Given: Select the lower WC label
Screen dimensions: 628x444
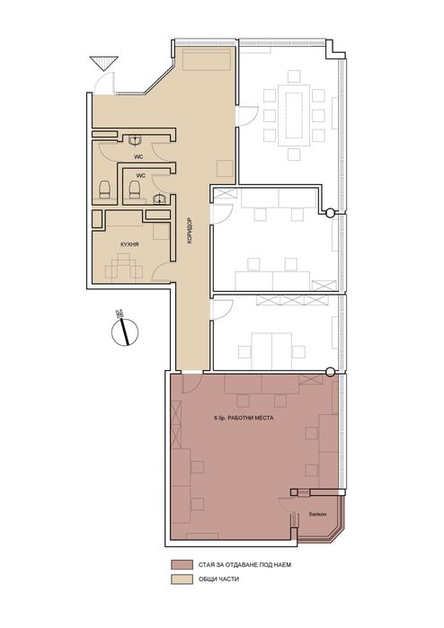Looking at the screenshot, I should coord(140,174).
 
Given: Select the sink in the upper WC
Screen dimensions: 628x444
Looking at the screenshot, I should coord(134,140).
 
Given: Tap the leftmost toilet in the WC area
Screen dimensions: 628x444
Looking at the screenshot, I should coord(104,188).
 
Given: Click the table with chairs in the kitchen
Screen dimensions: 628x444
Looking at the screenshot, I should coord(124,266).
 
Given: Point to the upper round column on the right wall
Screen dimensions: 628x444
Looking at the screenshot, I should coord(330,213).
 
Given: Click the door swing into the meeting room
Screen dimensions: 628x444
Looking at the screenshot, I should coord(245,115).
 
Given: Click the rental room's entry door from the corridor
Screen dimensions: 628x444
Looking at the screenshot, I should coord(191,384).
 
